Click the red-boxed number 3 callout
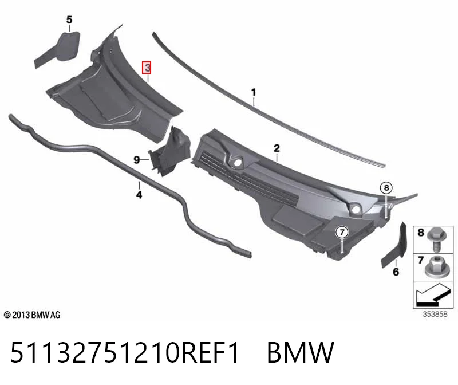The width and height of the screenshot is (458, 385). click(147, 68)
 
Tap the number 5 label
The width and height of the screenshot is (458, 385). click(69, 20)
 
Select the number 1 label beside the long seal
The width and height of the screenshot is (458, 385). click(254, 92)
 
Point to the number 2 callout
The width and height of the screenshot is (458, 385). click(277, 148)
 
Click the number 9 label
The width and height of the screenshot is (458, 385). click(136, 160)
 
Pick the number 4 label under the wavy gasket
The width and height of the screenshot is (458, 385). click(139, 194)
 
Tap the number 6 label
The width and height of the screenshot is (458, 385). click(396, 272)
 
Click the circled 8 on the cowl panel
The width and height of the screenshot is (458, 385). click(386, 188)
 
